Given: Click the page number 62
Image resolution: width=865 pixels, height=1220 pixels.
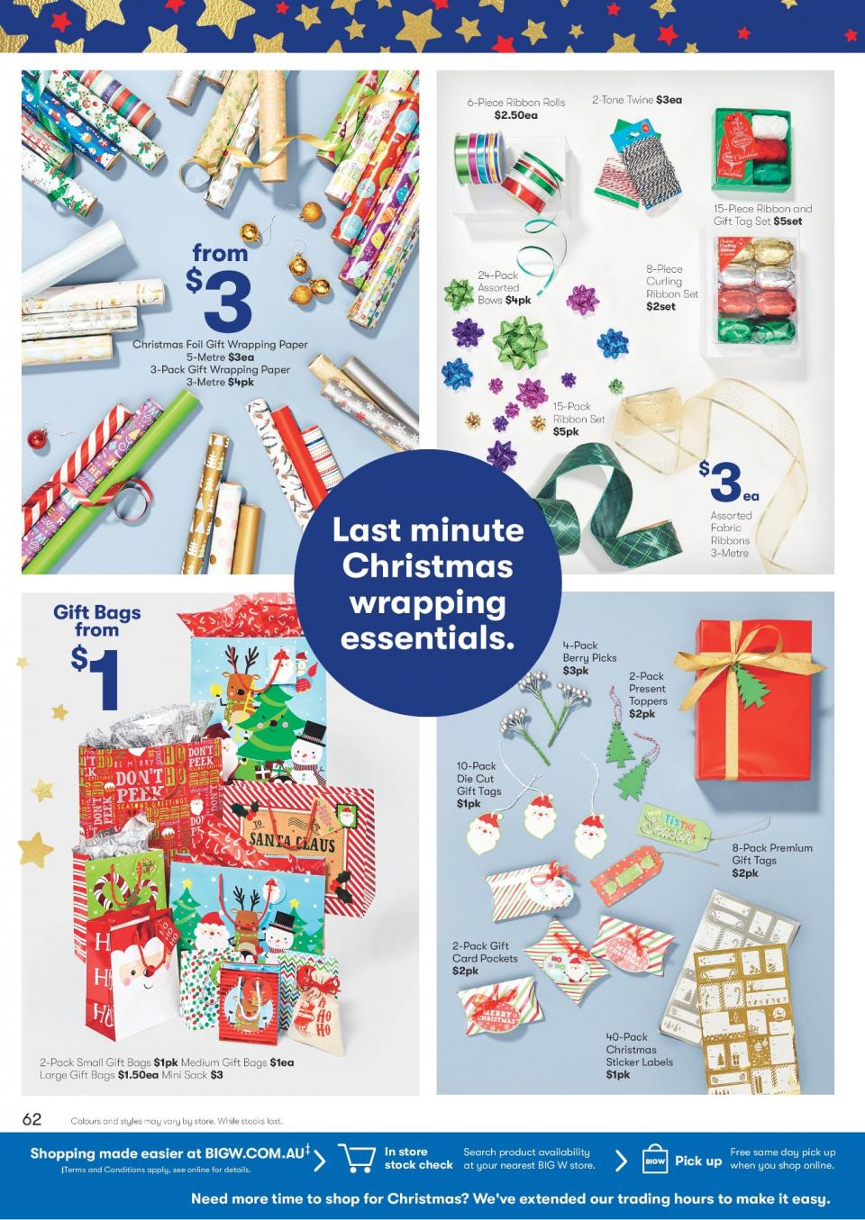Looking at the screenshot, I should coord(32,1119).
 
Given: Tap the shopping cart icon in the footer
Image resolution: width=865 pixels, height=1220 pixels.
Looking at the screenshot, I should coord(356,1158).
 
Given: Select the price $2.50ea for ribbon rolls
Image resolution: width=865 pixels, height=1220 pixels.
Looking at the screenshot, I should coord(515,115).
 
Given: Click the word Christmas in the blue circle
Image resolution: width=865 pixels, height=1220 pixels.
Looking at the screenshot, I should coord(427,566).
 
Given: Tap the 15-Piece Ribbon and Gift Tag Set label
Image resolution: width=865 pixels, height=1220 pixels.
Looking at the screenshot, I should coord(762,214).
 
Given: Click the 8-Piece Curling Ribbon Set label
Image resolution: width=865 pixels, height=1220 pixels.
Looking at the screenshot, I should coord(671,287).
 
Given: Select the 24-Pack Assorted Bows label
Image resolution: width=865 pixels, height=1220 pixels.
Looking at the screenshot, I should coord(504,287).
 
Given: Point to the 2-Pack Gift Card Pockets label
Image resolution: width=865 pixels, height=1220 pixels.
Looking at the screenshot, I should coord(485,958).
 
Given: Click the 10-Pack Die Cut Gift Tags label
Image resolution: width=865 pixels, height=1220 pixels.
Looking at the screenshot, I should coord(478,784).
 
